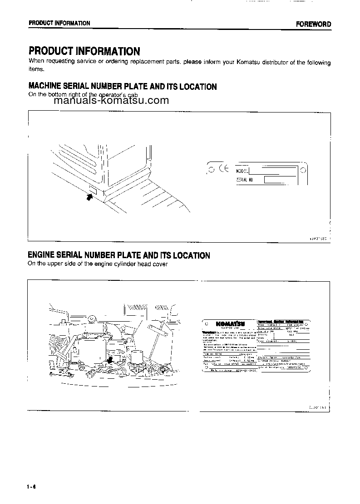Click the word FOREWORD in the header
point(314,24)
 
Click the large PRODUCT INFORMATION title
point(84,51)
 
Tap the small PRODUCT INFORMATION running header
point(59,23)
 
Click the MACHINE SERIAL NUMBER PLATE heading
point(123,86)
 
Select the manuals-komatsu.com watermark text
point(111,101)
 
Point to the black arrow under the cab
point(89,196)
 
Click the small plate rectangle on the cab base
point(92,189)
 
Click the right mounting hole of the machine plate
point(303,171)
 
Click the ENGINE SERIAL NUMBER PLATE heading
point(119,255)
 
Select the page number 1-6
point(31,488)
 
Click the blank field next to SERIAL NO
point(275,180)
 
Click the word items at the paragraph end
point(37,69)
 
